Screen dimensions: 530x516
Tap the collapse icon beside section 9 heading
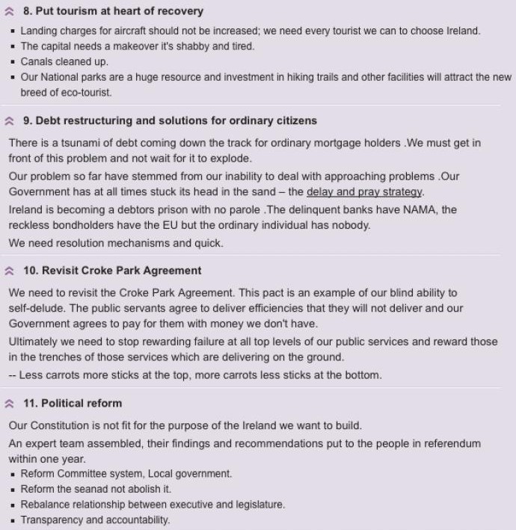point(10,120)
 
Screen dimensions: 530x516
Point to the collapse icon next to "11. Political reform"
point(10,404)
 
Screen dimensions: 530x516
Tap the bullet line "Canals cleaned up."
point(64,62)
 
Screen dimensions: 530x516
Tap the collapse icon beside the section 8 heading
point(10,12)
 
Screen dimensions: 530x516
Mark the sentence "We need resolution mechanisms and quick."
point(116,243)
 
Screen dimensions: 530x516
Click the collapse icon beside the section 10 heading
point(10,271)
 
